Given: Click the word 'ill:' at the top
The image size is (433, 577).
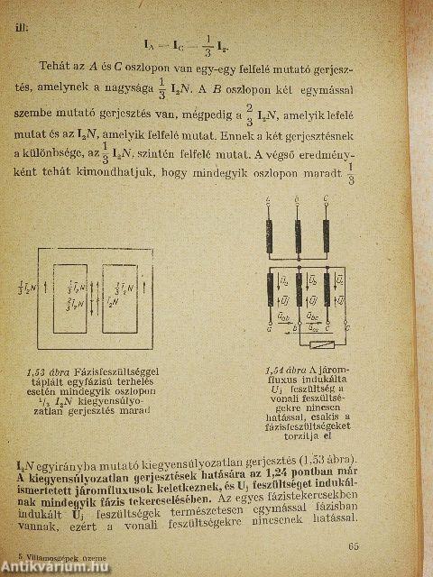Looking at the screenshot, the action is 21,26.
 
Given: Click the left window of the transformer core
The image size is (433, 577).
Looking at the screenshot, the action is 75,300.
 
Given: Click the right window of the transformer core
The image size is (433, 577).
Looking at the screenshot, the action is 124,300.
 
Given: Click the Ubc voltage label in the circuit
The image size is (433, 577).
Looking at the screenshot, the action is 311,316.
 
